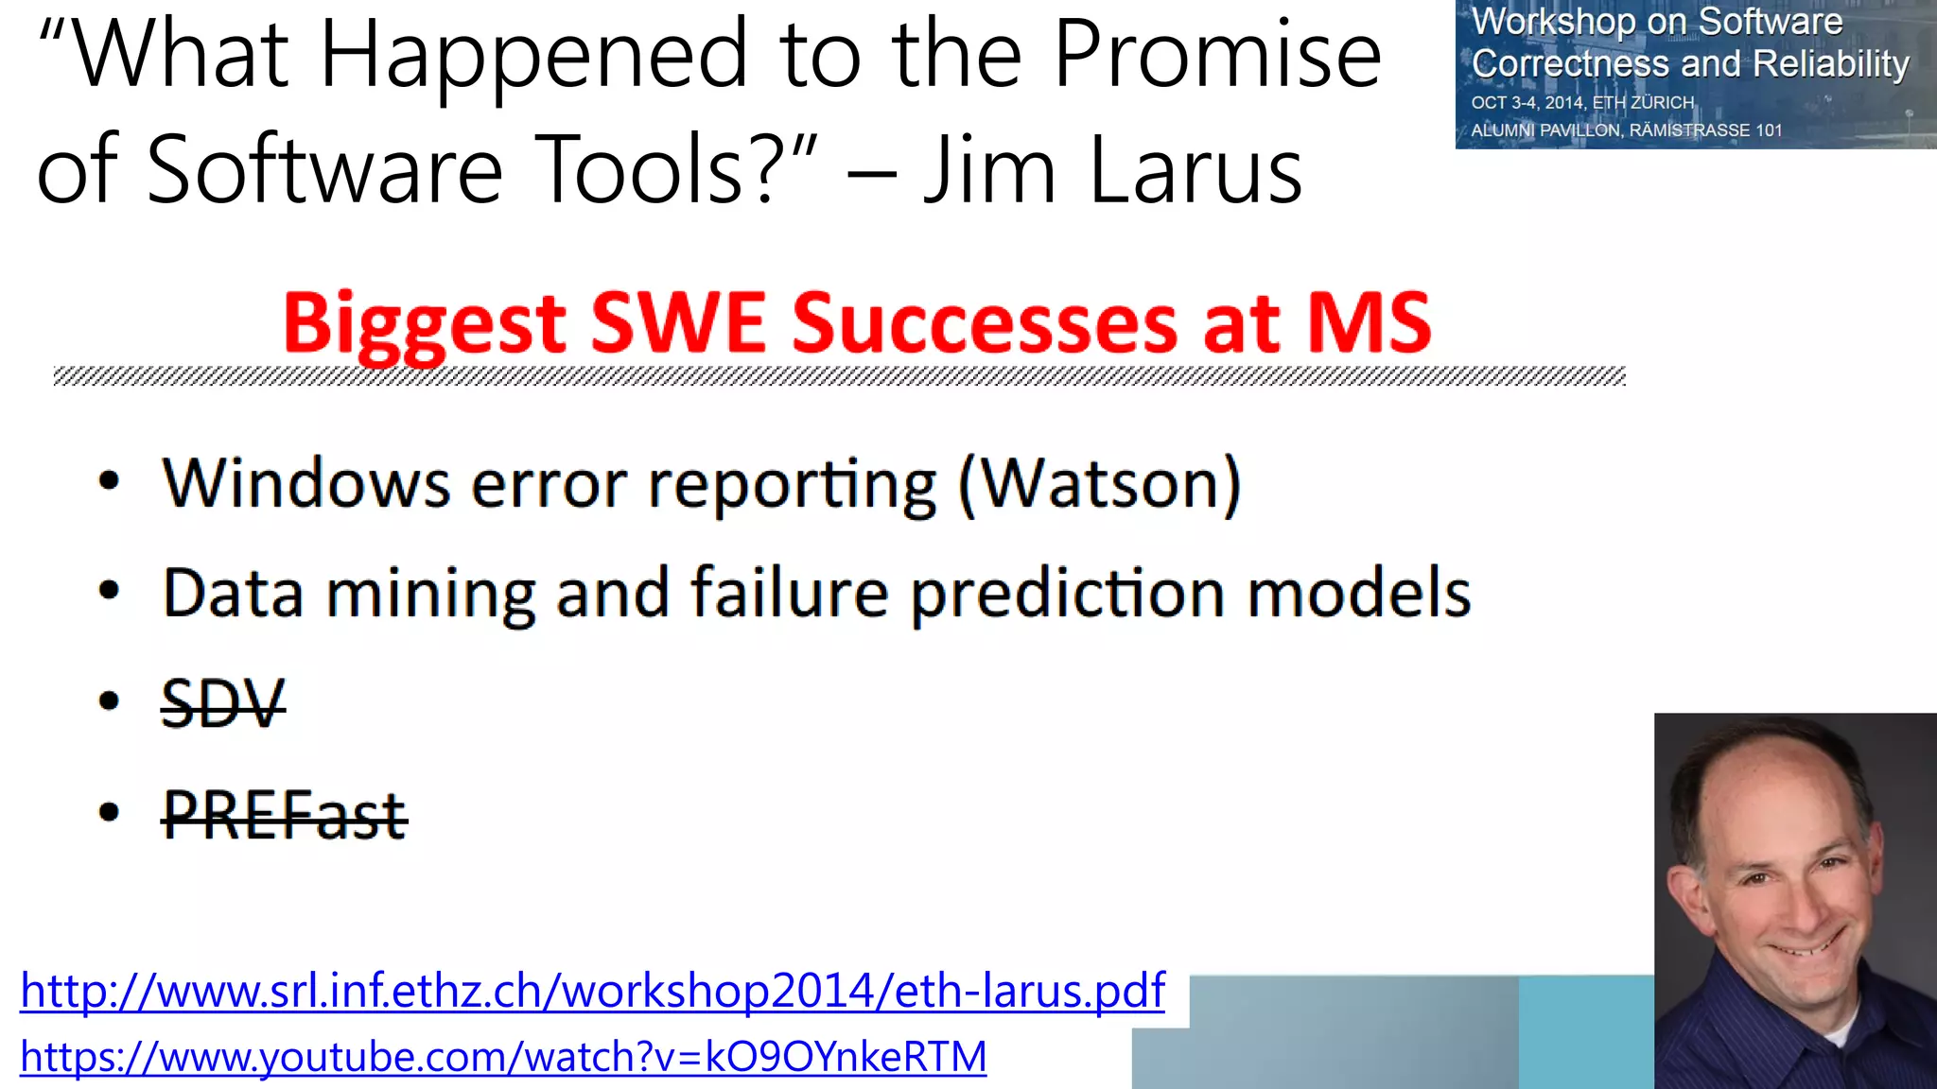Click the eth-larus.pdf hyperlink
pos(592,991)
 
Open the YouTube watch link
pos(503,1057)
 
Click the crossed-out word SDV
pos(223,703)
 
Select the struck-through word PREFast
pos(285,815)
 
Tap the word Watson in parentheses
pos(1099,484)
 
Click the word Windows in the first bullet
pos(305,484)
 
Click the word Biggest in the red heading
pos(424,324)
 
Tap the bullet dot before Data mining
pos(110,592)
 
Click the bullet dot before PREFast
pos(110,812)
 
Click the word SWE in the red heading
pos(677,324)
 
